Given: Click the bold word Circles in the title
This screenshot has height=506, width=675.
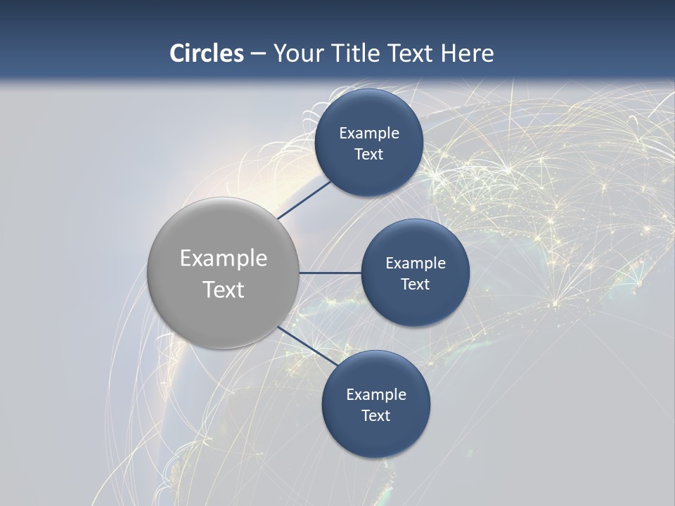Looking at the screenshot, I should coord(207,53).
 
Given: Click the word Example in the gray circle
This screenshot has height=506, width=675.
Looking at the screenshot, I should coord(223,259).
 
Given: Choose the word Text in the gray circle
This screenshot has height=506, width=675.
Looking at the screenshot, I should coord(223,290).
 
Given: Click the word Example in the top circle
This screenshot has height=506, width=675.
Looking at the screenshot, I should coord(369,134).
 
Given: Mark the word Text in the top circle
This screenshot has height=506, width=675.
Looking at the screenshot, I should coord(369,155).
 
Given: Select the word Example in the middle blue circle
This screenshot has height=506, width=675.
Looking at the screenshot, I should coord(416,264).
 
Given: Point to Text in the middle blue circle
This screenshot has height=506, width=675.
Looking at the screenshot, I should coord(416,285).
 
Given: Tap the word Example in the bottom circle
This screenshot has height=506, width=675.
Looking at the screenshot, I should coord(375,395).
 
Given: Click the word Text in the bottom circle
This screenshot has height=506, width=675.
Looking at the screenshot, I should coord(375,416).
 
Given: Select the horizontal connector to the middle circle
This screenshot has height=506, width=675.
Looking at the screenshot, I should coord(330,273).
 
